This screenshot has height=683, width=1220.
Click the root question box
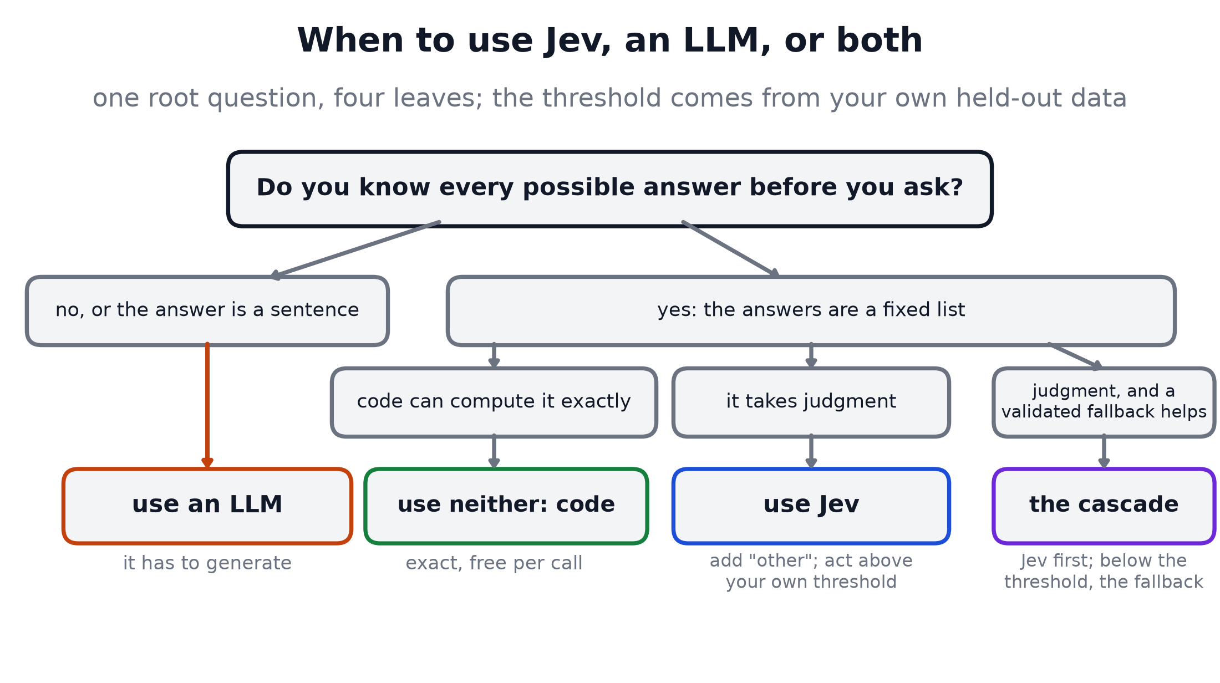pos(609,188)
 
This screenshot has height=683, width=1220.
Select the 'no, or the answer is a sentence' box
pos(207,310)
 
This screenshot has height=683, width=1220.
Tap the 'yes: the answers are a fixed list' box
pos(811,310)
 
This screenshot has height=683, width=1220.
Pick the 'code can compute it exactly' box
pos(494,402)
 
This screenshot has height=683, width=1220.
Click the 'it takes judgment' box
pos(811,402)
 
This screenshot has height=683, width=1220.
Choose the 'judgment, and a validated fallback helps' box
pos(1104,402)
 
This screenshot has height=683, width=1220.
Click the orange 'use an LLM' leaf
pos(207,506)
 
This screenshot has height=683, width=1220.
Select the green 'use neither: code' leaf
pos(506,506)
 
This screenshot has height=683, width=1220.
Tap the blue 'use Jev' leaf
pos(811,506)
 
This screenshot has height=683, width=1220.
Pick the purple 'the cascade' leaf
pos(1104,506)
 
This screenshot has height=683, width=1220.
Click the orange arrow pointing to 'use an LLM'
pos(207,406)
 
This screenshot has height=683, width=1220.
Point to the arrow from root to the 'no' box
pos(355,249)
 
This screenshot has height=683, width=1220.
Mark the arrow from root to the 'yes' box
pos(731,249)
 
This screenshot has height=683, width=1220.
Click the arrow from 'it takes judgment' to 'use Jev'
pos(811,452)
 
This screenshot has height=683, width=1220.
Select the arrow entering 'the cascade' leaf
pos(1104,452)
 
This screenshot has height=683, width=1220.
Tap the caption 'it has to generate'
pos(207,563)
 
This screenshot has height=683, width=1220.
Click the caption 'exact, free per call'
pos(494,563)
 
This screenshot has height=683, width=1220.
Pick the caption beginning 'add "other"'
pos(811,571)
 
